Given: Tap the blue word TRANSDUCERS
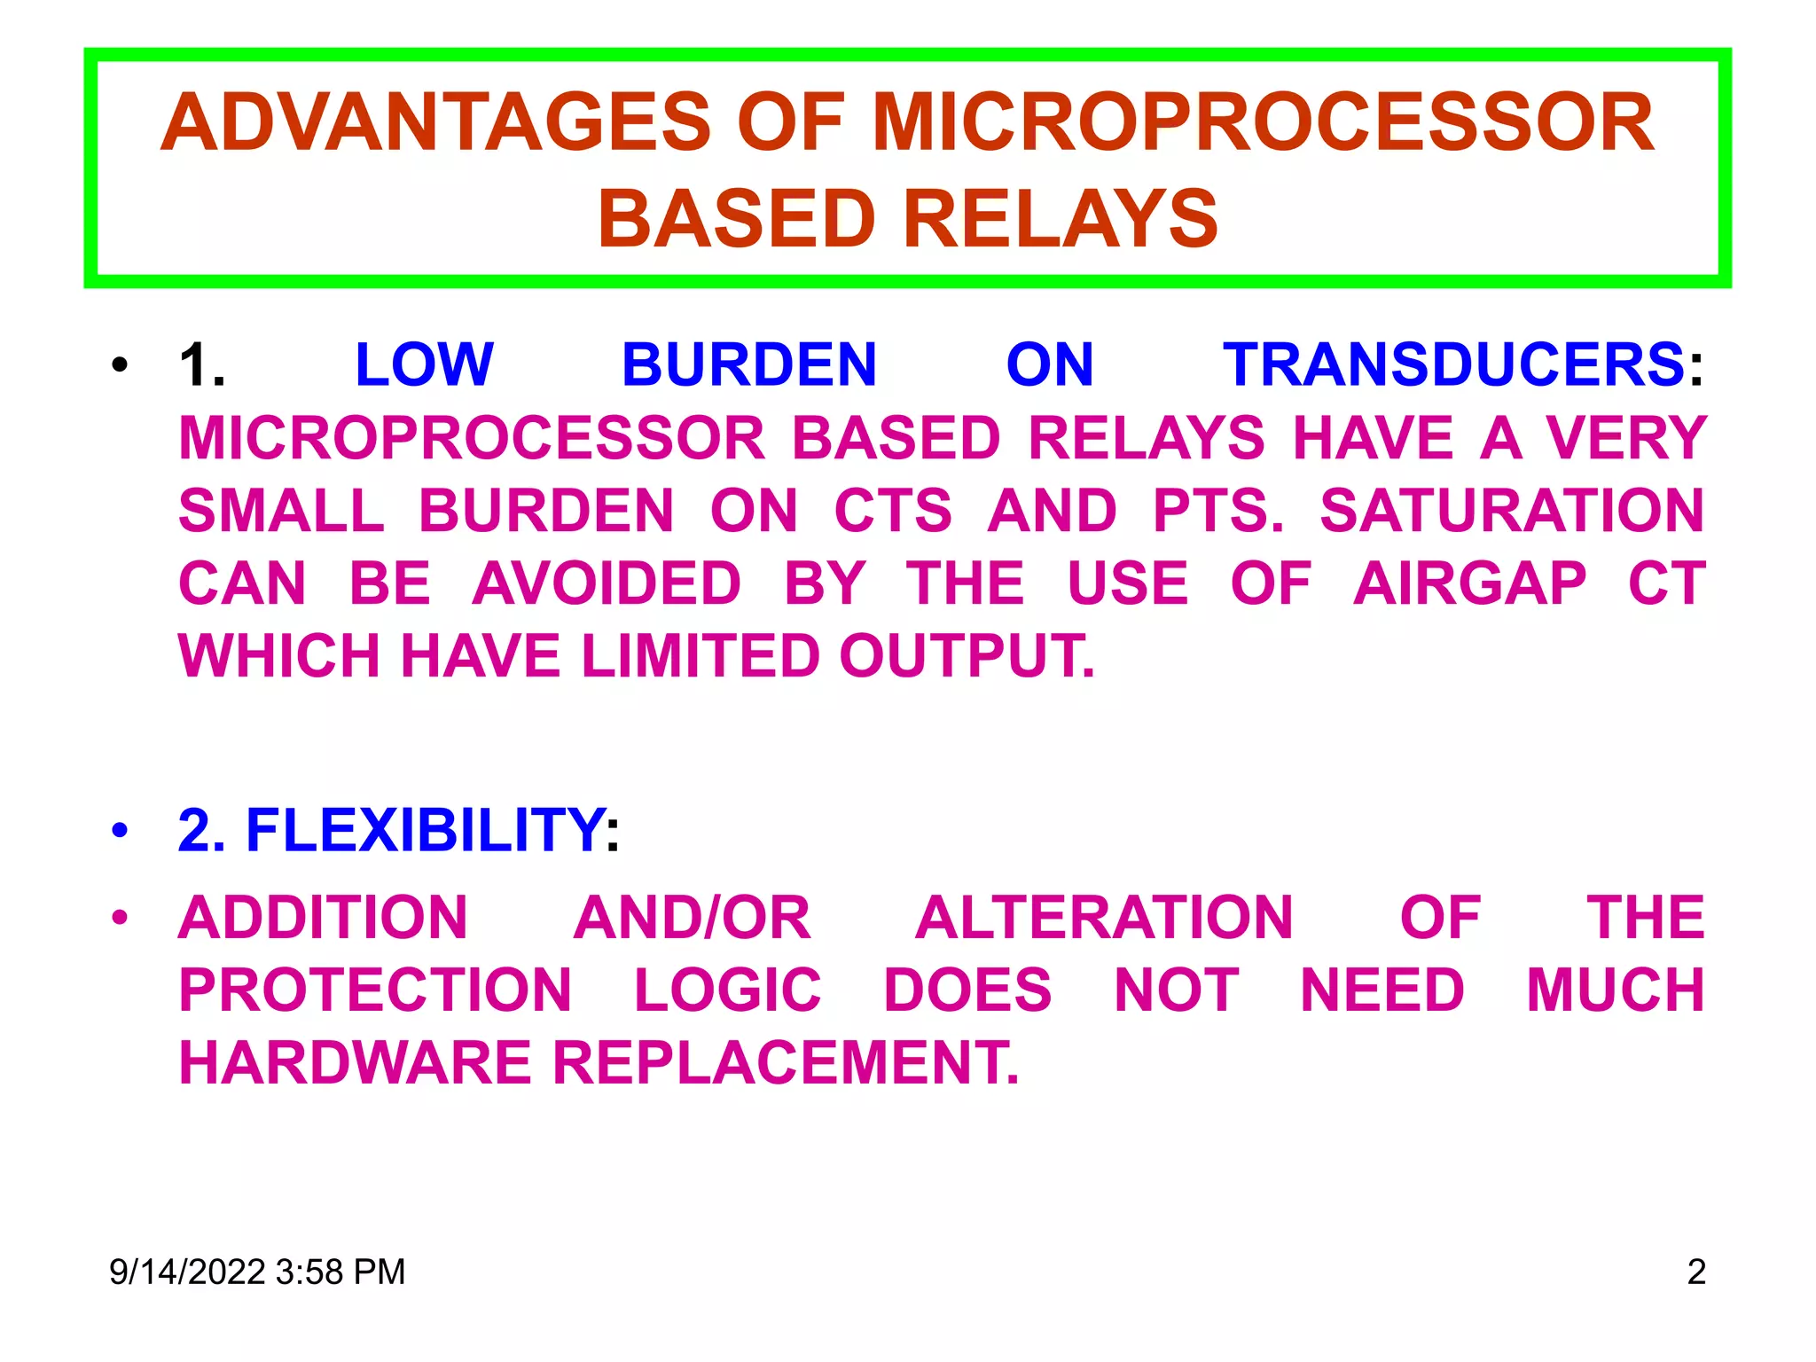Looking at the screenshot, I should [1454, 364].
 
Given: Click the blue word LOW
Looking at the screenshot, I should [424, 364].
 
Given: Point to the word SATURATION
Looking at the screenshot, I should [1512, 511].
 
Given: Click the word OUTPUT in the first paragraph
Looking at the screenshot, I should [967, 656].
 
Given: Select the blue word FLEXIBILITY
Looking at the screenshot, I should [426, 831].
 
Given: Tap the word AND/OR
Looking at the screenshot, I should [692, 918].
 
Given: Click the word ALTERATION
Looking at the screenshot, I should [1104, 918].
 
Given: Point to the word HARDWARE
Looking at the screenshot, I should [355, 1063].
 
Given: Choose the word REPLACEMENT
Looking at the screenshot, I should [786, 1063].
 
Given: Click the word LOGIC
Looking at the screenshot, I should [728, 990].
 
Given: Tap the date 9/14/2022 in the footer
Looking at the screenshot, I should [187, 1272].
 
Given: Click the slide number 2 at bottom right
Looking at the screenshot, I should [1695, 1272].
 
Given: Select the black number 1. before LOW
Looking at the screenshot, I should [202, 364].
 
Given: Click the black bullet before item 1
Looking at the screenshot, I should [120, 364].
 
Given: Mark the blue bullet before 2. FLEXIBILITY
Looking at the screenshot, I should [120, 831].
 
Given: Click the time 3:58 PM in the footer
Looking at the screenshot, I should [340, 1272].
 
